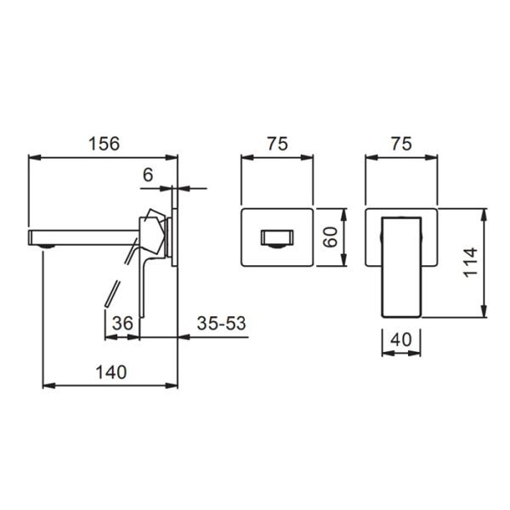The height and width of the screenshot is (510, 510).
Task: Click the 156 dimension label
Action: tap(105, 144)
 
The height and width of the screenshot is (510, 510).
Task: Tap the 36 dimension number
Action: tap(122, 323)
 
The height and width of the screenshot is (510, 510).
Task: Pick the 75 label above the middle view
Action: tap(277, 144)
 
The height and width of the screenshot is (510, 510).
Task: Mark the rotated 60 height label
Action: tap(333, 237)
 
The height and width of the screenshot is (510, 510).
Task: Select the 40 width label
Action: tap(401, 338)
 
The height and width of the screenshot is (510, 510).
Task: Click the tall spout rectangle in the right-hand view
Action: tap(401, 265)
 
